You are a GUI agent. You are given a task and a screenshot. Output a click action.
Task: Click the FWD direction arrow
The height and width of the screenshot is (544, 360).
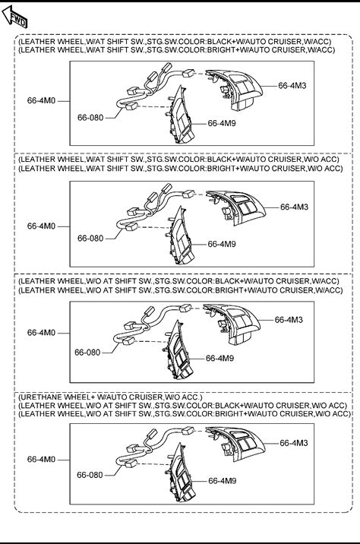click(14, 17)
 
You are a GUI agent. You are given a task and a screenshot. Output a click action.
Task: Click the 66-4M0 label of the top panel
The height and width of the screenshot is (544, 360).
click(41, 100)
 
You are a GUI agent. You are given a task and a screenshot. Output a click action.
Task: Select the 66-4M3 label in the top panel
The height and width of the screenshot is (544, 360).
click(292, 85)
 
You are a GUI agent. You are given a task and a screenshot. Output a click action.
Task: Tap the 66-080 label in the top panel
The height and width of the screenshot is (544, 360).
click(90, 118)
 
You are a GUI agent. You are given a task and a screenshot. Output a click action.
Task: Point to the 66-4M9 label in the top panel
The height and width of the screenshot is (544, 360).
click(222, 123)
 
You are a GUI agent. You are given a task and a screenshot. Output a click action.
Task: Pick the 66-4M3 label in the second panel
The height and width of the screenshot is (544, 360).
click(294, 207)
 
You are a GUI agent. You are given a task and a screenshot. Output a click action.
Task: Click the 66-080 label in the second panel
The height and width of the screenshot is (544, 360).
click(90, 239)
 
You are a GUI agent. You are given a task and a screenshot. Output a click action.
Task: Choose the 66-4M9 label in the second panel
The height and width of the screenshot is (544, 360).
click(222, 244)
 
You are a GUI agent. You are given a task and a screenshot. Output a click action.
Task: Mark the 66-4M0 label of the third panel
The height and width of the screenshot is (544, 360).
click(41, 332)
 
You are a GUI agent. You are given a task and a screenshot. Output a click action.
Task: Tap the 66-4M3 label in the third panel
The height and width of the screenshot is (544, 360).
click(289, 320)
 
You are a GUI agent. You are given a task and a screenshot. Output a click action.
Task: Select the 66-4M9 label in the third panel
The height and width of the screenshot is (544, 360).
click(220, 358)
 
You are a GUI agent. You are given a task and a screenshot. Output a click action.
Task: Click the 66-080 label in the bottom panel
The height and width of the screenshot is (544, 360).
click(90, 475)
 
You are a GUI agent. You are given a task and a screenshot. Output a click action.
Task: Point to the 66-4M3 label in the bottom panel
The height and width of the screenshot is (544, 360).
click(294, 443)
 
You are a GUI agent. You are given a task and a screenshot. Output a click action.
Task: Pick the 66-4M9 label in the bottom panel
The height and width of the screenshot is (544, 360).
click(223, 480)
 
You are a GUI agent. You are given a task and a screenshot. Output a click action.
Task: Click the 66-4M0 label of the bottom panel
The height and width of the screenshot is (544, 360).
click(41, 459)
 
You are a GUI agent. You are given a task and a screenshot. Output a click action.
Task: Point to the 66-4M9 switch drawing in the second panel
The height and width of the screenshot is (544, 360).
click(179, 236)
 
